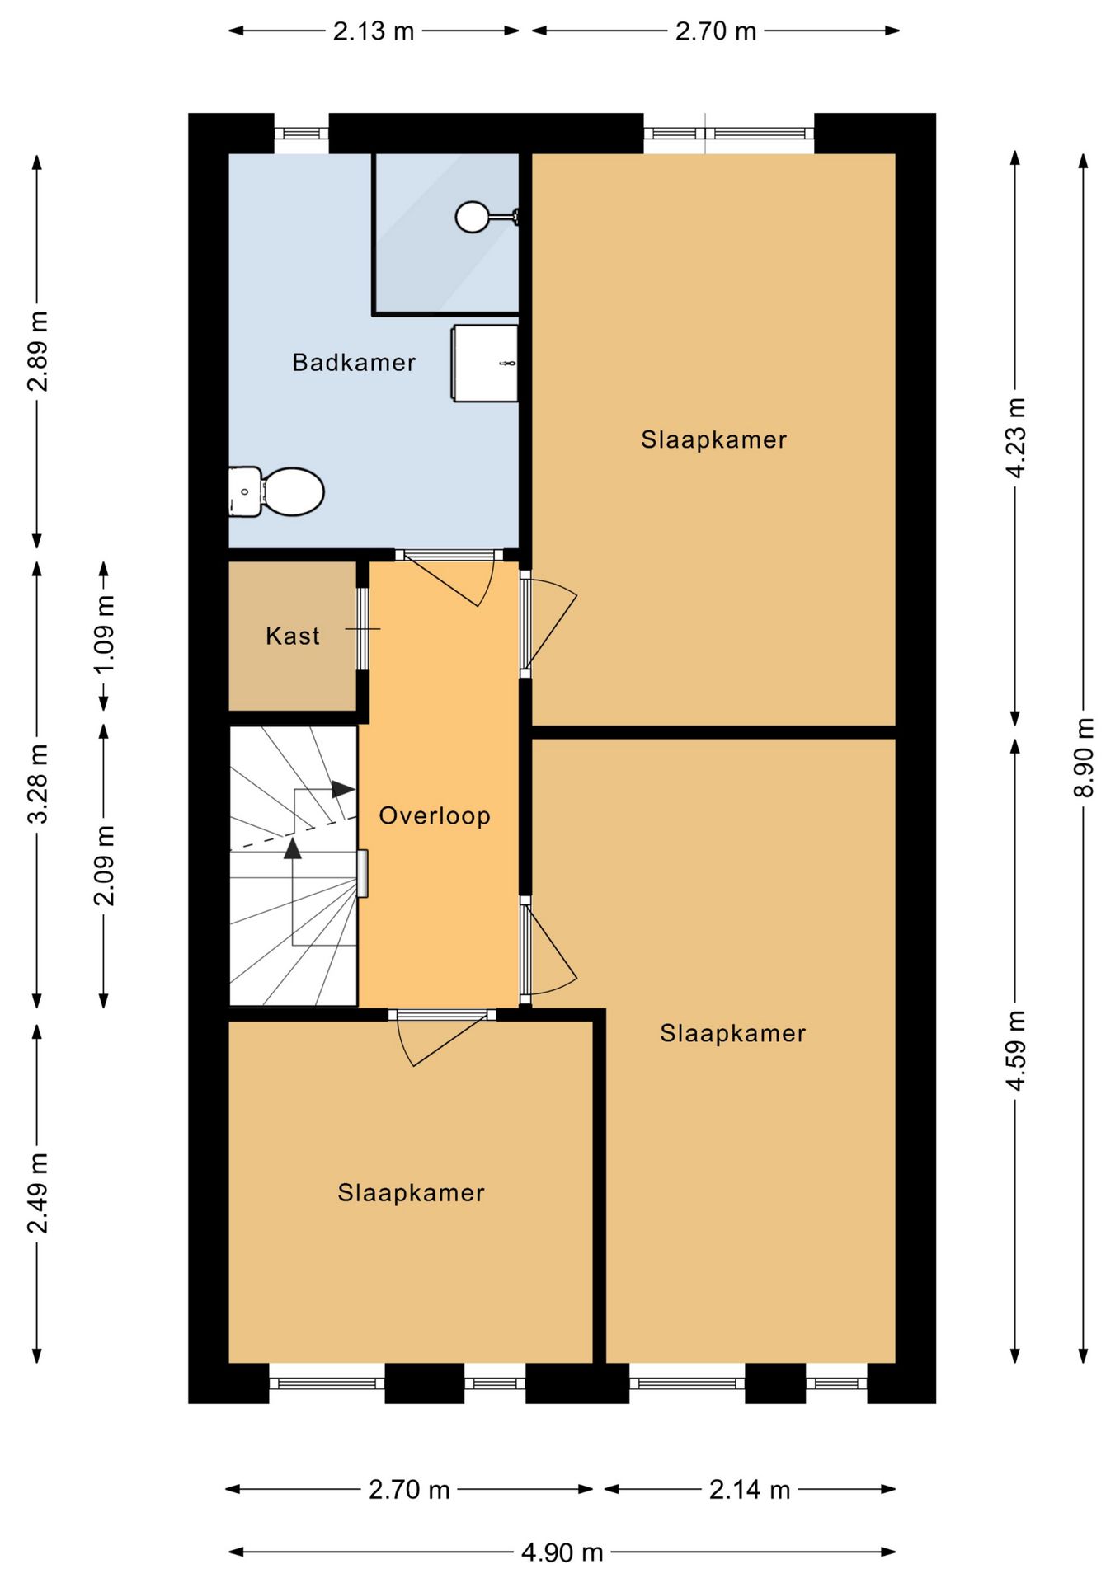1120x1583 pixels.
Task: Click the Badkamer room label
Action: click(x=354, y=363)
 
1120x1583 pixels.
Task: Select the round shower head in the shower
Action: click(x=473, y=217)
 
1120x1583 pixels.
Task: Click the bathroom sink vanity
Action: click(x=485, y=364)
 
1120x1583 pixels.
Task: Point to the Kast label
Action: click(x=293, y=636)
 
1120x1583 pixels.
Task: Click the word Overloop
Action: click(x=435, y=815)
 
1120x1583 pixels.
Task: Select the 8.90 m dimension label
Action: click(x=1084, y=757)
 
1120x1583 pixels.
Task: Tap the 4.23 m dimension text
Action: click(x=1015, y=438)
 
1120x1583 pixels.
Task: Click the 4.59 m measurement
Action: click(x=1015, y=1050)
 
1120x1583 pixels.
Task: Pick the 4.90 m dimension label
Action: click(x=562, y=1552)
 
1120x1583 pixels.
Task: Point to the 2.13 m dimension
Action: click(x=374, y=31)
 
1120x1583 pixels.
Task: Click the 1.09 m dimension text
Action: click(x=104, y=635)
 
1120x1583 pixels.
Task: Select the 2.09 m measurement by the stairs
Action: click(x=104, y=866)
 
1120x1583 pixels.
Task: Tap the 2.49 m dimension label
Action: click(x=37, y=1193)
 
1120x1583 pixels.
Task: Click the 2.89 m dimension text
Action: click(x=37, y=351)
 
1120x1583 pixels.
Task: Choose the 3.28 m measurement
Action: click(x=37, y=783)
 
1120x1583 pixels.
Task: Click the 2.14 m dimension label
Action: click(x=750, y=1489)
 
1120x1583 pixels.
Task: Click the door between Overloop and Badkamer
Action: click(x=449, y=577)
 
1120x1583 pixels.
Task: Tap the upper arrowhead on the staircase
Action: click(x=343, y=789)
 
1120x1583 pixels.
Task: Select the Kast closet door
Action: click(x=362, y=629)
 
